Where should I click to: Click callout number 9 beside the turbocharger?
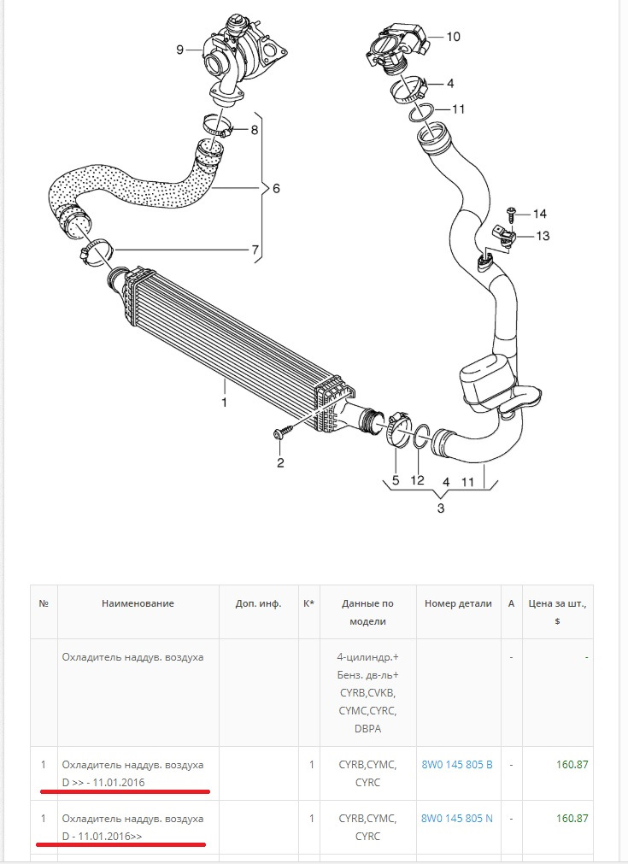pyautogui.click(x=180, y=50)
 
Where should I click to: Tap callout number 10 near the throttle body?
pyautogui.click(x=453, y=37)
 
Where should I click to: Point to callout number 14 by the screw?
pyautogui.click(x=539, y=214)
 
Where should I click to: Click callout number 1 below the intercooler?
pyautogui.click(x=224, y=401)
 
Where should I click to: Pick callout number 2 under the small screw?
pyautogui.click(x=279, y=463)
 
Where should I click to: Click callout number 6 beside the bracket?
pyautogui.click(x=276, y=188)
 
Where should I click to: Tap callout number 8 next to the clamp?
pyautogui.click(x=254, y=130)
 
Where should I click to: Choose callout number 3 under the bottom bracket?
pyautogui.click(x=441, y=508)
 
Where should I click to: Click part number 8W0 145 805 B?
pyautogui.click(x=456, y=763)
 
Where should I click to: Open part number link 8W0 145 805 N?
pyautogui.click(x=456, y=818)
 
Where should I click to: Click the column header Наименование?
pyautogui.click(x=138, y=603)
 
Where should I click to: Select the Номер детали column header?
pyautogui.click(x=458, y=603)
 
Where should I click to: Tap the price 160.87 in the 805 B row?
pyautogui.click(x=572, y=763)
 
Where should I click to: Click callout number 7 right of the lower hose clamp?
pyautogui.click(x=255, y=250)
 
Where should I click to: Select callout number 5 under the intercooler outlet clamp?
pyautogui.click(x=396, y=480)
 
